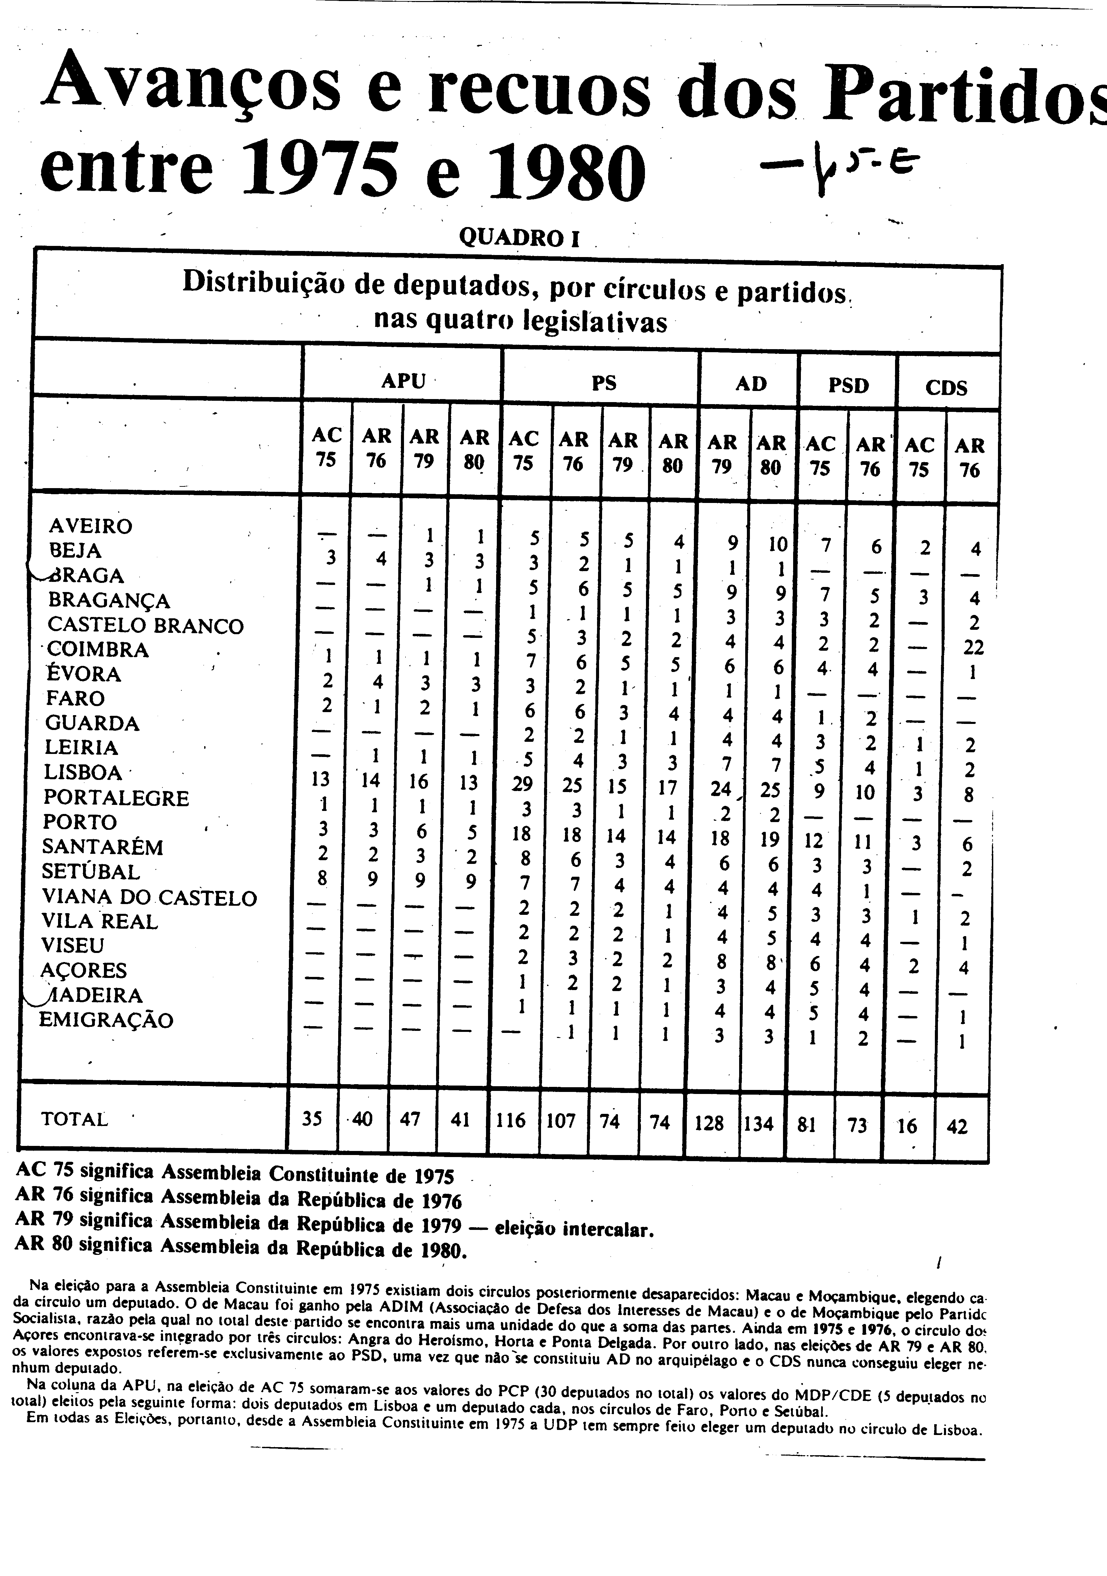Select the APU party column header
[x=403, y=381]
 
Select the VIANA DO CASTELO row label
[x=149, y=898]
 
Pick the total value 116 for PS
[x=510, y=1121]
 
